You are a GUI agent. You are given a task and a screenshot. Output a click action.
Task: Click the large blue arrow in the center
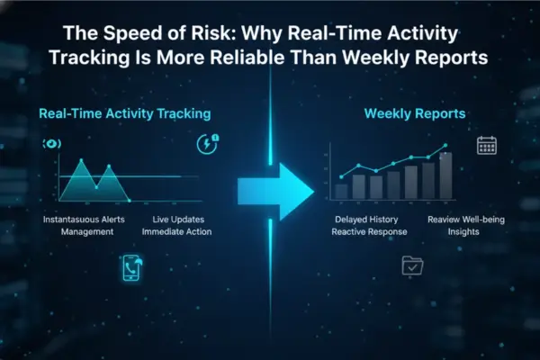point(274,190)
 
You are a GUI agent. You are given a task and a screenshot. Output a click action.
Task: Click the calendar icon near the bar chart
point(487,146)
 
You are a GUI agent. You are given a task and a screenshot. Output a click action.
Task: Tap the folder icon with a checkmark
point(412,265)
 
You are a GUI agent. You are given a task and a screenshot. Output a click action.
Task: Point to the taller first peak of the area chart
point(81,162)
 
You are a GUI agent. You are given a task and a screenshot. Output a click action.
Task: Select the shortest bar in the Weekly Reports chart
point(341,191)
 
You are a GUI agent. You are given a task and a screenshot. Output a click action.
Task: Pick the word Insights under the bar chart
point(463,232)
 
